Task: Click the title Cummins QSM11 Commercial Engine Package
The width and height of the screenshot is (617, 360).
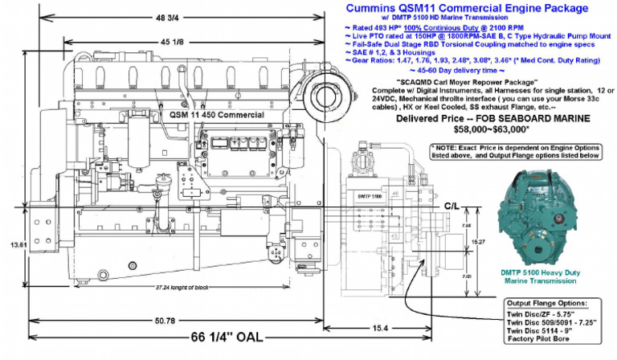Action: (467, 7)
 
